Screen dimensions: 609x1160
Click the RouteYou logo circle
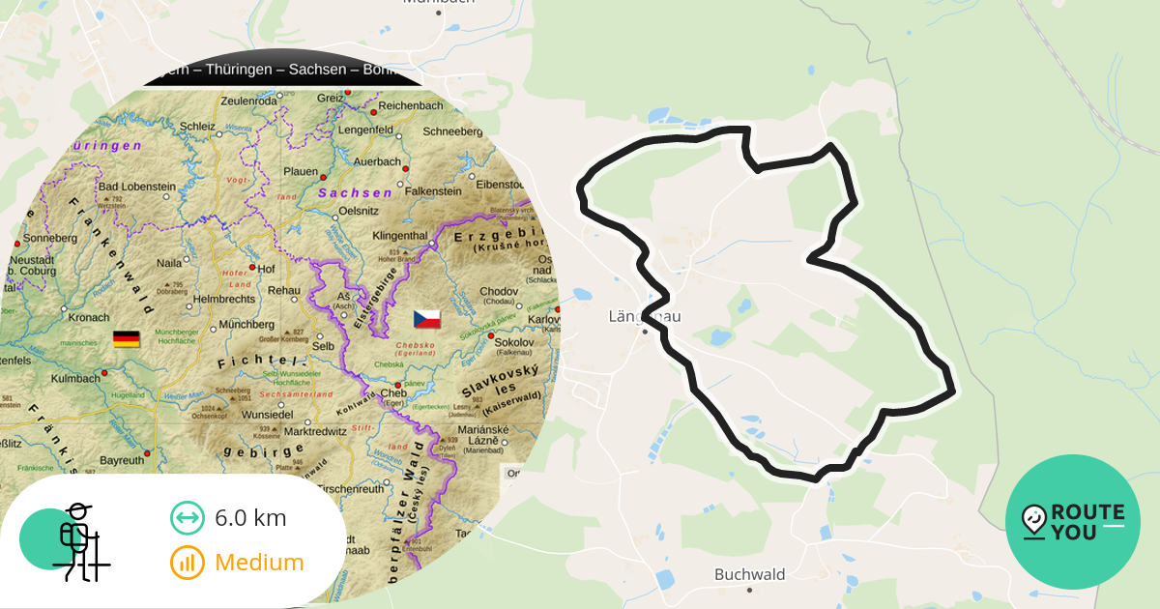pyautogui.click(x=1073, y=522)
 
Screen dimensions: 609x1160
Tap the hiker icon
pyautogui.click(x=77, y=541)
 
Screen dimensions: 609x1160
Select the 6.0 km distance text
pyautogui.click(x=250, y=518)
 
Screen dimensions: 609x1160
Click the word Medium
pyautogui.click(x=259, y=563)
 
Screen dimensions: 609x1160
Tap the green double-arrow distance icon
pyautogui.click(x=187, y=518)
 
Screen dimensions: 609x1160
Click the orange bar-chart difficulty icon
pyautogui.click(x=187, y=563)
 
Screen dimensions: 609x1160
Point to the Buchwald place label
pyautogui.click(x=750, y=574)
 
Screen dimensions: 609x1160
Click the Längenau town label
pyautogui.click(x=646, y=316)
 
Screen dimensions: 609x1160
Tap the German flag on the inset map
pyautogui.click(x=127, y=339)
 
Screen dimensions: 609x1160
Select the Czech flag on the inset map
pyautogui.click(x=426, y=318)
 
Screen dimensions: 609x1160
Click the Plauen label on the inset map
pyautogui.click(x=302, y=171)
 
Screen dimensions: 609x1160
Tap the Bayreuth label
pyautogui.click(x=122, y=461)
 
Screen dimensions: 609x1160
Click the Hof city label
pyautogui.click(x=267, y=268)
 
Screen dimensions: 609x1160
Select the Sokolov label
pyautogui.click(x=513, y=342)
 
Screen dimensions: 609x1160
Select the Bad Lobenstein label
pyautogui.click(x=137, y=187)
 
